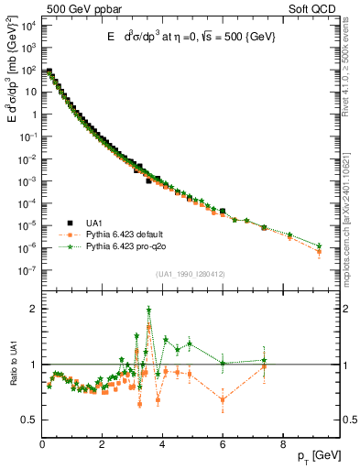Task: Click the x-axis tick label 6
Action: click(x=223, y=444)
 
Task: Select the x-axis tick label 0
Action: click(x=43, y=444)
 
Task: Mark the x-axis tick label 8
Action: click(x=282, y=444)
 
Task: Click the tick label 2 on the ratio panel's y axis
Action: click(x=34, y=309)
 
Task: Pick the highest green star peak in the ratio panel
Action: click(x=149, y=311)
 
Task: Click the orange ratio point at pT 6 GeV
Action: click(x=223, y=399)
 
